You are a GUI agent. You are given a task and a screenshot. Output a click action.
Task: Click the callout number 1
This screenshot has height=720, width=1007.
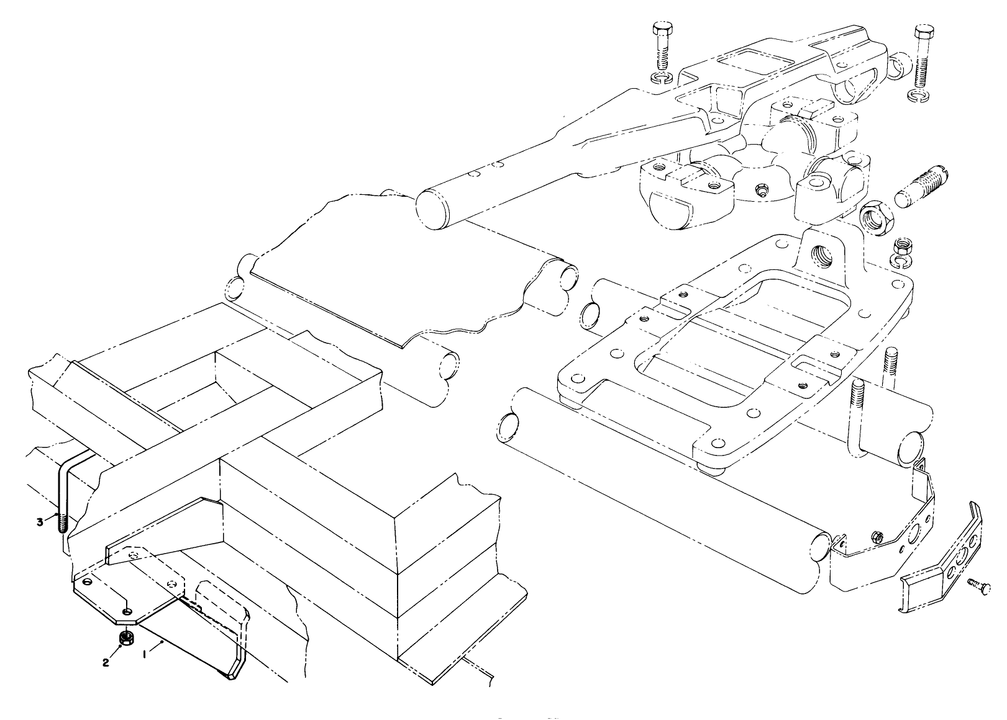tap(145, 654)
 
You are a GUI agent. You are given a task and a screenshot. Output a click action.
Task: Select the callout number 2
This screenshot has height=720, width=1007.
tap(106, 663)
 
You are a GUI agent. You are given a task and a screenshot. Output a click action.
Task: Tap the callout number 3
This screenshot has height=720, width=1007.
tap(40, 522)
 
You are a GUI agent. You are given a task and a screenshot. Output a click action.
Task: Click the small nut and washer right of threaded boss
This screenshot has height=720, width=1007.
tap(902, 251)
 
